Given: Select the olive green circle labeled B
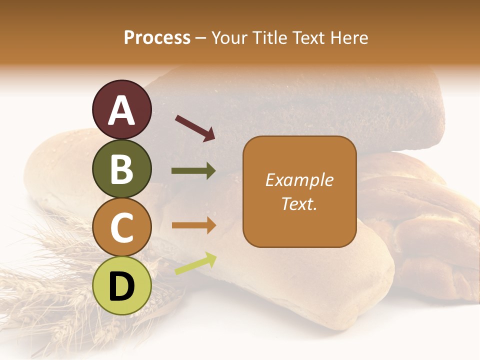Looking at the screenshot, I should [122, 168].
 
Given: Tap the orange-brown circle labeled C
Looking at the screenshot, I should [122, 227].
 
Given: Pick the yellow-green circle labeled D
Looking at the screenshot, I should [122, 285].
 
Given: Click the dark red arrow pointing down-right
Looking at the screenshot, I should [195, 128].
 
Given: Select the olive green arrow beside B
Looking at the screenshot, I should [193, 171].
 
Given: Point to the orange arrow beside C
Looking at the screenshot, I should [193, 225].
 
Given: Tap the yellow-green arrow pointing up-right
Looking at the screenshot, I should [195, 263].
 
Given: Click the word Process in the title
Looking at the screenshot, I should [157, 37].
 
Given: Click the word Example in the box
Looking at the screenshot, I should [299, 180].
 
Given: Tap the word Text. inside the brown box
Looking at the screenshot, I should [299, 203].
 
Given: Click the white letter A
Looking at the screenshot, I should [122, 110].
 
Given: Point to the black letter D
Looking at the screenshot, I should [122, 286].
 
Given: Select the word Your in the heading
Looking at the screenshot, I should [229, 37].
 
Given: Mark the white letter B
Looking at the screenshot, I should [122, 169].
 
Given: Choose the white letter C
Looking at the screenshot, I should [122, 228].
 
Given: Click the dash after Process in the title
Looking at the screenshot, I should [201, 38].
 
